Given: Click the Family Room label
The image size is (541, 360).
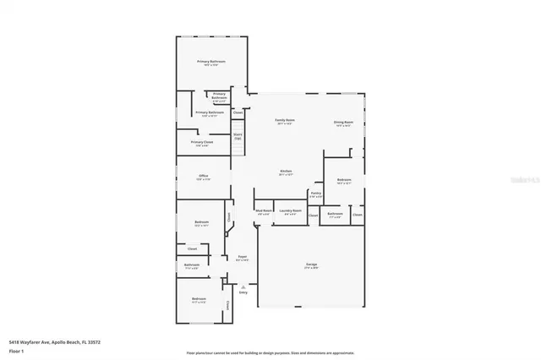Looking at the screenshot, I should pyautogui.click(x=285, y=121).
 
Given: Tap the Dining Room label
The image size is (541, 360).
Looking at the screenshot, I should pyautogui.click(x=342, y=123).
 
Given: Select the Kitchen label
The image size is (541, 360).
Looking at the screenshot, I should pyautogui.click(x=286, y=172).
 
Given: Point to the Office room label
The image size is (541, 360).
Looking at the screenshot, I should pyautogui.click(x=203, y=177).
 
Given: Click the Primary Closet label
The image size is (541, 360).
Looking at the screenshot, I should pyautogui.click(x=202, y=143).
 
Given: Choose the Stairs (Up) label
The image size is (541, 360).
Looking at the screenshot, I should pyautogui.click(x=238, y=135).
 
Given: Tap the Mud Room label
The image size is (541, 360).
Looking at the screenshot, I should pyautogui.click(x=264, y=211).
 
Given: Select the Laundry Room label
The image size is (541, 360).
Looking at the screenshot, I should pyautogui.click(x=292, y=211).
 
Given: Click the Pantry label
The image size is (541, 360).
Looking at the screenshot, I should pyautogui.click(x=315, y=194).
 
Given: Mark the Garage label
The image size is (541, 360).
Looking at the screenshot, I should pyautogui.click(x=311, y=265).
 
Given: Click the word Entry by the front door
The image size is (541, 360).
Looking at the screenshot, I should pyautogui.click(x=243, y=292).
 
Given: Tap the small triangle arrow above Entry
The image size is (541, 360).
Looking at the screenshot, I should pyautogui.click(x=243, y=286).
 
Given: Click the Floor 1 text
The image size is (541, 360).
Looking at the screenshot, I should pyautogui.click(x=16, y=348).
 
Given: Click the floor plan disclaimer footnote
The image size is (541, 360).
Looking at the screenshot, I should pyautogui.click(x=270, y=352).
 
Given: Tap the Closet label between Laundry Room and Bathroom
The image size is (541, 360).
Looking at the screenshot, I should pyautogui.click(x=313, y=215).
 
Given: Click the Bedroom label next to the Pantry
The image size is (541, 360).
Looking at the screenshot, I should pyautogui.click(x=344, y=180).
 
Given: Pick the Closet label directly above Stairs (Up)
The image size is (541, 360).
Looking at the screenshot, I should pyautogui.click(x=238, y=112).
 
